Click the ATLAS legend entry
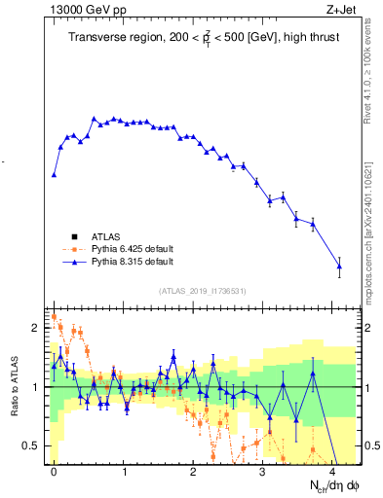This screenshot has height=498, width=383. pyautogui.click(x=106, y=236)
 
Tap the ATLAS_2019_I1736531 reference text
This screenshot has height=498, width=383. pyautogui.click(x=203, y=291)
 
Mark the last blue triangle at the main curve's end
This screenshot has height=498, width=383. pyautogui.click(x=339, y=266)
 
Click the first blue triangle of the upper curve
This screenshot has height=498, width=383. pyautogui.click(x=54, y=175)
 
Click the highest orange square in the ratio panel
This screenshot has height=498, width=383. pyautogui.click(x=54, y=316)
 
